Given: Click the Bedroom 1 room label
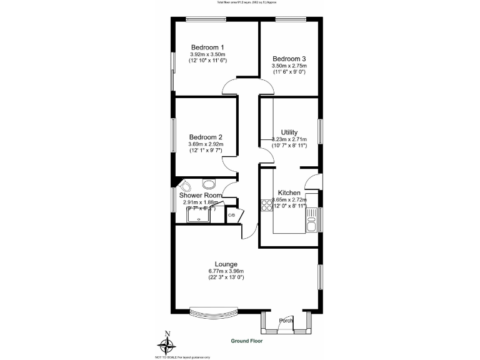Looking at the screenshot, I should point(207,47).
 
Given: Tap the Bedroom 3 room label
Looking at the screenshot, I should point(289,59).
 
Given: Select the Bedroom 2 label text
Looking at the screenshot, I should point(206,137).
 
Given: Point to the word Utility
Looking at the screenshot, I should point(289,132).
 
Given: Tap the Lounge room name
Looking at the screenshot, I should point(226,264).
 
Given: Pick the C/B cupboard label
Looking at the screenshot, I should point(231,216).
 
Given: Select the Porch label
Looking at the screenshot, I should point(286,321).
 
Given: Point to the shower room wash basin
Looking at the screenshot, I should point(208,184).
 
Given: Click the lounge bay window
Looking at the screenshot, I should point(214,310).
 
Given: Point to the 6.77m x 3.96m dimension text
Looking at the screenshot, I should point(226,271).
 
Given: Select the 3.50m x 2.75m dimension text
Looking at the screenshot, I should point(289,66).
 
